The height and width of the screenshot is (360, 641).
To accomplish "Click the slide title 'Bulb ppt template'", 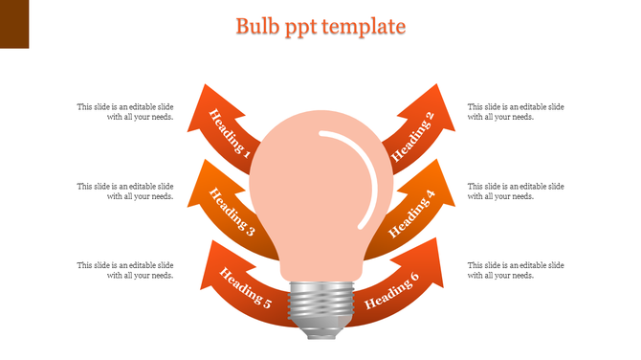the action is (x=320, y=26).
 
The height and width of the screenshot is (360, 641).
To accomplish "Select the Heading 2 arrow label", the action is (x=413, y=134).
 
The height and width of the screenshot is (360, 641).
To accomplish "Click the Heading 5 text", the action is (x=246, y=289).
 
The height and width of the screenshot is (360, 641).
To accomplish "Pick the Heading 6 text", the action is (x=392, y=291).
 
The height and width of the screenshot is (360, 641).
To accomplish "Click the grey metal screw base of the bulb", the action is (x=320, y=306).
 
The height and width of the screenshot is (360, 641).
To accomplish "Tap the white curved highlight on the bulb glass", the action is (x=360, y=172).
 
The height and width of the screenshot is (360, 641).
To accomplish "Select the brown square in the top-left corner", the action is (x=14, y=24).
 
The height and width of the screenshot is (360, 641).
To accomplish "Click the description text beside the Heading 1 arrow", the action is (x=125, y=111).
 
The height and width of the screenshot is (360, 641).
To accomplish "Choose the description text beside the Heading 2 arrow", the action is (x=516, y=111).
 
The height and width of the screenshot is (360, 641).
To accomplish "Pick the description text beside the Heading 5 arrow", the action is (x=125, y=269).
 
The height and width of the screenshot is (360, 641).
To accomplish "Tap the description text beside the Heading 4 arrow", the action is (x=516, y=191).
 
